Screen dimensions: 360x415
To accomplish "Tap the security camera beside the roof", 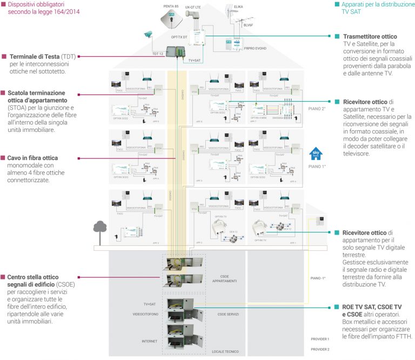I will coord(148,35).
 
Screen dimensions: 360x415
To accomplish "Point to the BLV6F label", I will coord(249,24).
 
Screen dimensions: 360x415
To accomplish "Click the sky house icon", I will coord(315,155).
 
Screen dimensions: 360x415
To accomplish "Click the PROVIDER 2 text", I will coord(320,349).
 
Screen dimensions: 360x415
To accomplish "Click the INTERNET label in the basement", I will coord(150,341).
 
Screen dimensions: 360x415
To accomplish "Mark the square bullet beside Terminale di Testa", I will coord(4,56).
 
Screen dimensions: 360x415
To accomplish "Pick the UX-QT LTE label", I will coord(193,7).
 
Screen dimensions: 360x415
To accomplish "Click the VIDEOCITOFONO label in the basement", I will coord(146,314).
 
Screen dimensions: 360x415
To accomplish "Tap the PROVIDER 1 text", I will coord(320,339).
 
